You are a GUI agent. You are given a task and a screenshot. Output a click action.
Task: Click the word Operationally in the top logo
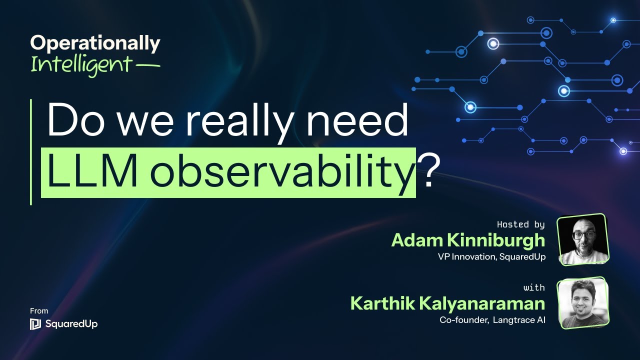(95, 44)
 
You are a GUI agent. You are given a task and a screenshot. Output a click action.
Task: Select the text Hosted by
(520, 224)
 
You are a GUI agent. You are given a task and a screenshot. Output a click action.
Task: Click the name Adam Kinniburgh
(468, 240)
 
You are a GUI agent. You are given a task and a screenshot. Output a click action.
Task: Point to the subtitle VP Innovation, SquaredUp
(490, 256)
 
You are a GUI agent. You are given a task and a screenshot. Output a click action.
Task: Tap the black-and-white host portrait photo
(582, 239)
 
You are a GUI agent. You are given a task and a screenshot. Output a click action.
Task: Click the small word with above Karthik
(534, 287)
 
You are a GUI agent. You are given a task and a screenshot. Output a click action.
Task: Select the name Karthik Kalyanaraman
(447, 303)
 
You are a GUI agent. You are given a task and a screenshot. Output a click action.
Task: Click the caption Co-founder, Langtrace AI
(492, 320)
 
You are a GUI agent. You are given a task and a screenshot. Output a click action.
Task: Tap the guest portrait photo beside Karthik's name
(582, 302)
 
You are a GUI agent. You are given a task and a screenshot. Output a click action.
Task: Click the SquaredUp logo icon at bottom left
(35, 324)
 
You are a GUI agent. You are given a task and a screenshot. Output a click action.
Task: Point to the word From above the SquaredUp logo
(39, 311)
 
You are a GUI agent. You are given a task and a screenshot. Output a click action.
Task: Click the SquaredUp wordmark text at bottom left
(71, 324)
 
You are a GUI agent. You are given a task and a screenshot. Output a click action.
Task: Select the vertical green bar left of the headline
(31, 151)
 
